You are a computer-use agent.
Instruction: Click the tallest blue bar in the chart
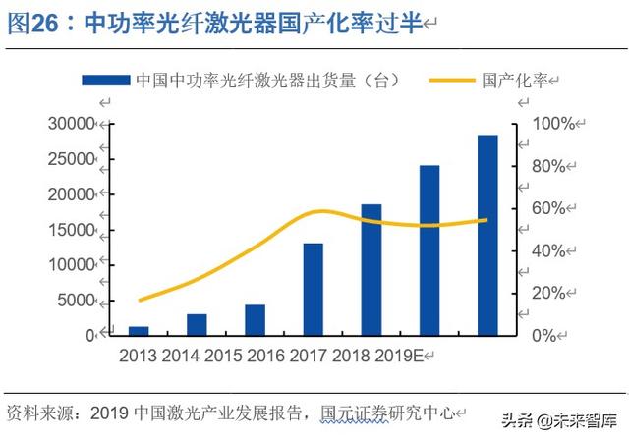pos(487,236)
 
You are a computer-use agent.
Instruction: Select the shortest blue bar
pos(139,331)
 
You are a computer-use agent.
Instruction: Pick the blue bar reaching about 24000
pos(429,250)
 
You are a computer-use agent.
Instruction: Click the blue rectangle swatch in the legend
pos(104,80)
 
